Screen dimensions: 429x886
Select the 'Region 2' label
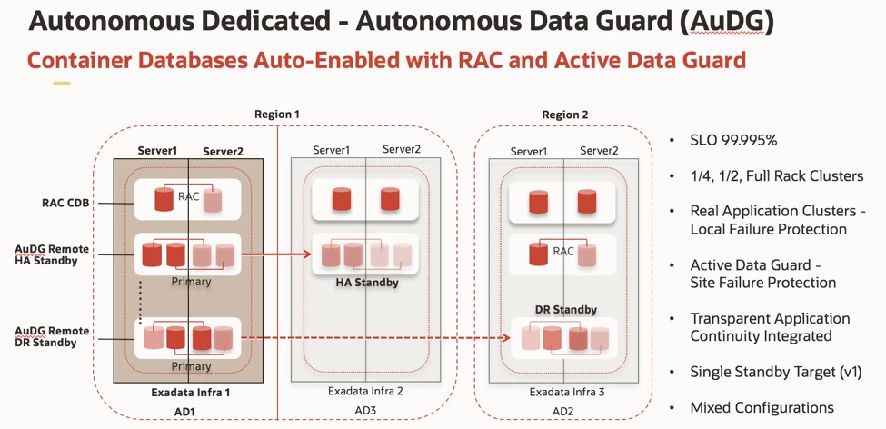(565, 115)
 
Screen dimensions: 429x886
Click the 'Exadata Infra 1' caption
(188, 393)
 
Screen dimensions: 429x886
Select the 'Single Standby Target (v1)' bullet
(770, 372)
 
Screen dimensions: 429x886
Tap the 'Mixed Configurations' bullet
(762, 407)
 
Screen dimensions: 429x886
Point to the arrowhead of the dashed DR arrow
(503, 338)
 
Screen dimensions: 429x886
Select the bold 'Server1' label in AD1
(156, 150)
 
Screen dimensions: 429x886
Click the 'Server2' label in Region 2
(600, 150)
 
